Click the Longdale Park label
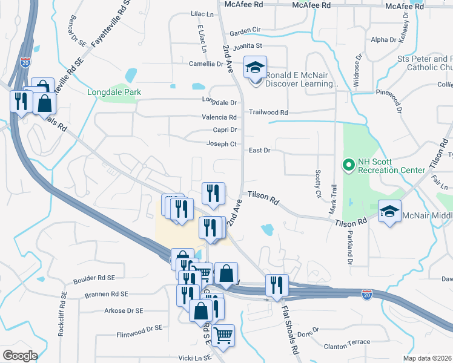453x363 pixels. (114, 93)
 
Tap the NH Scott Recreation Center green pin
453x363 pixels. (348, 164)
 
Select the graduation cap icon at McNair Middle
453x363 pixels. (390, 211)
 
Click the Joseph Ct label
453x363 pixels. (221, 144)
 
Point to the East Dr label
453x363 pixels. (259, 150)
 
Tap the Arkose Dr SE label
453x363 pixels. (124, 310)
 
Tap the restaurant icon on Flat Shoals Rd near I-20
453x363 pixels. (277, 286)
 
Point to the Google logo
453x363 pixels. (20, 355)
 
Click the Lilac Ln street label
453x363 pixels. (203, 14)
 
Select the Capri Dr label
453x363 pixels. (224, 130)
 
